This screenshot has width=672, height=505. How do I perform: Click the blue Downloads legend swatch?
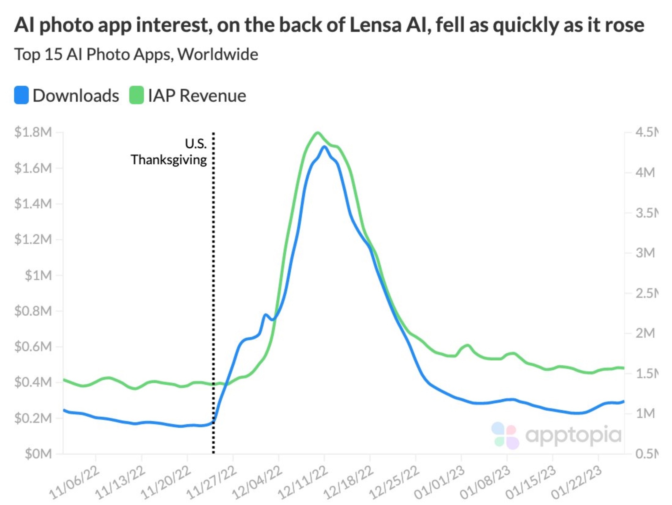point(21,95)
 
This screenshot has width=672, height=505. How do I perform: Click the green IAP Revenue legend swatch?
point(136,95)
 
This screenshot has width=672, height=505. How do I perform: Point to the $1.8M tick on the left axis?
point(33,132)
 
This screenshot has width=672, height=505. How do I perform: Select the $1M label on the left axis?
point(38,275)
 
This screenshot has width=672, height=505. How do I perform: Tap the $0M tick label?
point(38,454)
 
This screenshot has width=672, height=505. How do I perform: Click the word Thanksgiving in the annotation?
point(169,160)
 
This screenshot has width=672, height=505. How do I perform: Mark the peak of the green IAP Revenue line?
point(318,133)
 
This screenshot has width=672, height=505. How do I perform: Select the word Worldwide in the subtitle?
point(218,55)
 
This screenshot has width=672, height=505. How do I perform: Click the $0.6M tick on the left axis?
point(33,347)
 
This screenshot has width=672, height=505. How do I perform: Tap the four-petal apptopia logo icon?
point(505,435)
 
